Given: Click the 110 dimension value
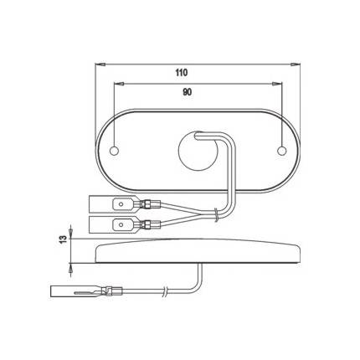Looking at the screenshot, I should coord(182,73).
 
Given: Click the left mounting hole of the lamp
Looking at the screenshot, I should coord(114,151).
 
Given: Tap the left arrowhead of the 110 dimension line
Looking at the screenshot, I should coord(97,63).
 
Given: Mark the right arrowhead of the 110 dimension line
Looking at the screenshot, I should coord(298,63).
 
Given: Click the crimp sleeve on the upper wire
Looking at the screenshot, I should coord(151,203).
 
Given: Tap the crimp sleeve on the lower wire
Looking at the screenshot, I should coord(151,224).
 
